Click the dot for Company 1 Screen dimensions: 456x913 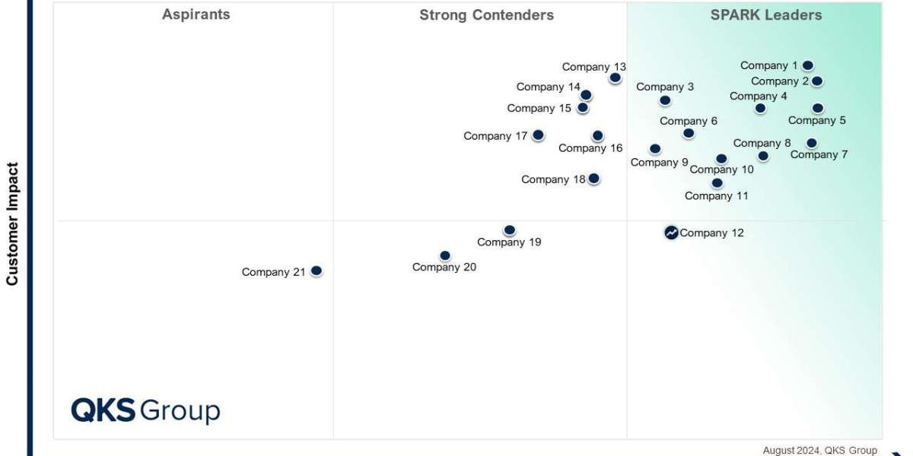coord(808,66)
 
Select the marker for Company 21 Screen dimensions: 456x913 coord(317,271)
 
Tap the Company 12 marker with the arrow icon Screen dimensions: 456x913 coord(671,233)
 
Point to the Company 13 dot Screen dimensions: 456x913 coord(615,78)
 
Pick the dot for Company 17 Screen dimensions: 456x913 coord(538,135)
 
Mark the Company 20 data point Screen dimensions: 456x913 coord(445,255)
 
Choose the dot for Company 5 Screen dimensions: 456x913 coord(817,108)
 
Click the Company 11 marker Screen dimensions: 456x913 coord(717,182)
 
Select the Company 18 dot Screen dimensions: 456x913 coord(594,179)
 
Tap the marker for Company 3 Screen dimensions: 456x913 coord(665,100)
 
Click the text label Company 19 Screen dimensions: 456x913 coord(509,242)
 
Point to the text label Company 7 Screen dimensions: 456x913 coord(819,155)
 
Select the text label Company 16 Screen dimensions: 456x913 coord(590,148)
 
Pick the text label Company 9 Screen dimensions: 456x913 coord(659,163)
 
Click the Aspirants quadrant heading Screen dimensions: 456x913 coord(196,14)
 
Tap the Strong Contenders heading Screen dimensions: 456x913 coord(486,15)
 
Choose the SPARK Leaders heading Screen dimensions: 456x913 coord(766,15)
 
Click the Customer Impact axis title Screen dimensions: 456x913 coord(12,223)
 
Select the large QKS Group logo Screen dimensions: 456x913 coord(145,410)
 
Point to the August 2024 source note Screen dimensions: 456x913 coord(819,450)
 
